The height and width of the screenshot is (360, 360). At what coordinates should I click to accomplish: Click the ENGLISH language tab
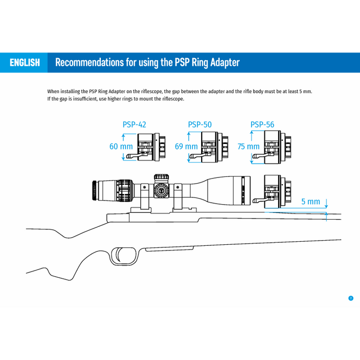click(x=24, y=63)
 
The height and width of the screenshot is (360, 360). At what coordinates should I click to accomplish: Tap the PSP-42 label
click(x=134, y=124)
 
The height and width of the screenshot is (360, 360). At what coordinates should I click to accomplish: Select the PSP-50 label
click(x=200, y=124)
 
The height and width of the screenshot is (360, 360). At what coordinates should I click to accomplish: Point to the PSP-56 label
click(x=262, y=124)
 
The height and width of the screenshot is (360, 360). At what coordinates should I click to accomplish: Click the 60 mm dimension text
click(x=121, y=147)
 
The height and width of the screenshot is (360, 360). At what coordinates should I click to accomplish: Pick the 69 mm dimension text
click(x=186, y=147)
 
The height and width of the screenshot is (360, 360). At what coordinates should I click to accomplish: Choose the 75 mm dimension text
click(x=249, y=147)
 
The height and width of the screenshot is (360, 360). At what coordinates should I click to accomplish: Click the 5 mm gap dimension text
click(x=310, y=202)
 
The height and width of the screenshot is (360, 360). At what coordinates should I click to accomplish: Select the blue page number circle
click(x=351, y=298)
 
